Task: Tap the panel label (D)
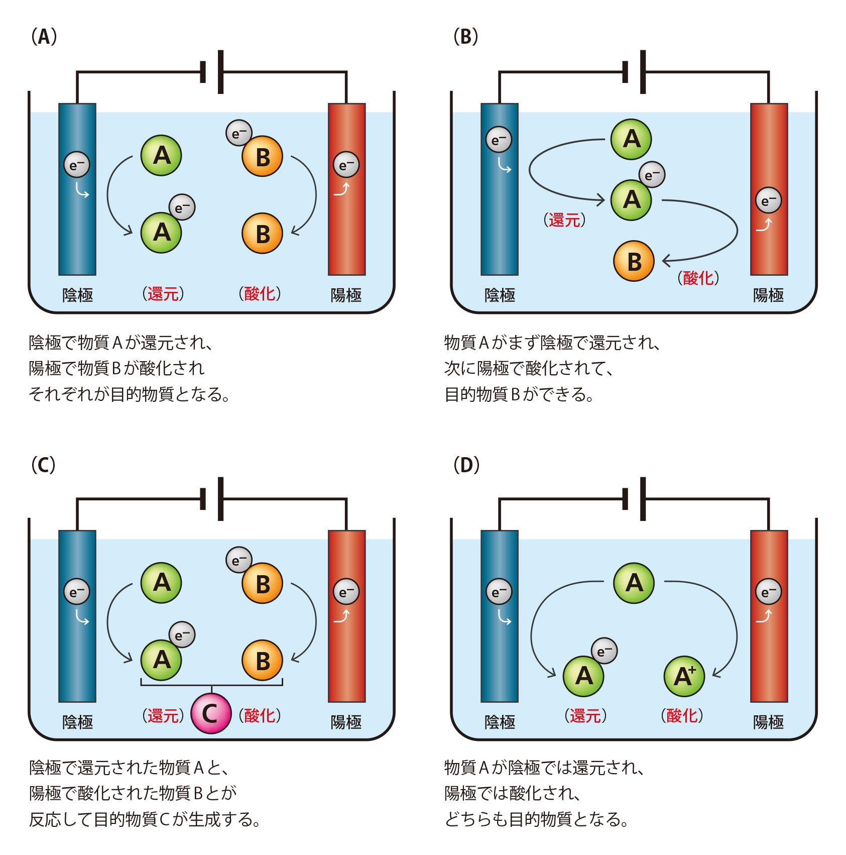click(x=466, y=465)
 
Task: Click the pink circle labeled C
click(x=211, y=713)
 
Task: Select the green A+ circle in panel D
click(x=684, y=676)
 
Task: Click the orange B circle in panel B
click(x=634, y=261)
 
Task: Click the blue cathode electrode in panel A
click(x=77, y=226)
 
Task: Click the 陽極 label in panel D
click(x=768, y=722)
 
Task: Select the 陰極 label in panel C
click(x=77, y=722)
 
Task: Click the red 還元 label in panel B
click(x=564, y=220)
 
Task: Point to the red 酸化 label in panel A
click(x=259, y=294)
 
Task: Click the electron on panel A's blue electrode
click(x=76, y=165)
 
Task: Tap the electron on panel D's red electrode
click(x=768, y=593)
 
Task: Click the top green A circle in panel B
click(x=631, y=139)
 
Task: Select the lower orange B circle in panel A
click(x=262, y=234)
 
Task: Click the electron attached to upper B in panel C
click(x=239, y=560)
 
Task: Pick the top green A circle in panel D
click(x=634, y=583)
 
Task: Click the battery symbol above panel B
click(x=635, y=72)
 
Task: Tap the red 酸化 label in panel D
click(x=681, y=716)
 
